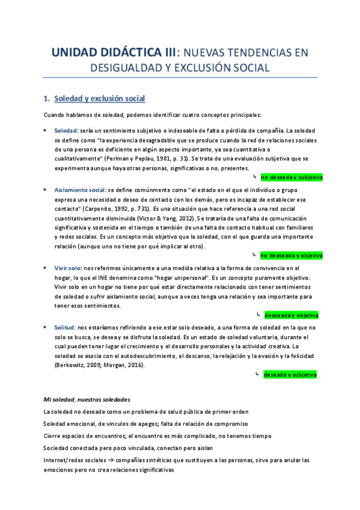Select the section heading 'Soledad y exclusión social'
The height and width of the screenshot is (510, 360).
(x=99, y=98)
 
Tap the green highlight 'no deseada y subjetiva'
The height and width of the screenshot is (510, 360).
(x=291, y=177)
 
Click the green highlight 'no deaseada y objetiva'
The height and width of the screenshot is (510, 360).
(x=291, y=255)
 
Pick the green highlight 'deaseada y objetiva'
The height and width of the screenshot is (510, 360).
(x=291, y=315)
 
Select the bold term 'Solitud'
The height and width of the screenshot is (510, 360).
(x=64, y=327)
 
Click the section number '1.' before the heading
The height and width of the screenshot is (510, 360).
(x=46, y=98)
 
